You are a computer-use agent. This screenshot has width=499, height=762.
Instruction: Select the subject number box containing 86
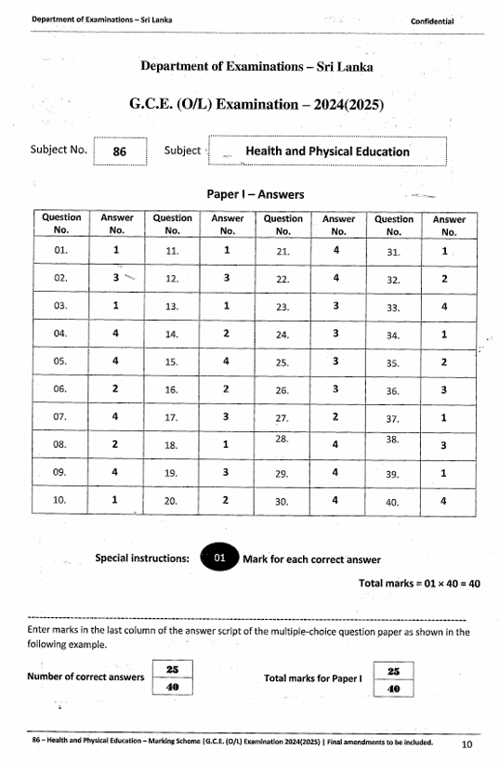pos(119,151)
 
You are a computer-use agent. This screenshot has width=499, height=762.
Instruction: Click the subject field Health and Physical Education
pos(327,151)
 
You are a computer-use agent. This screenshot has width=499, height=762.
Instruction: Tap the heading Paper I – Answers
pos(256,194)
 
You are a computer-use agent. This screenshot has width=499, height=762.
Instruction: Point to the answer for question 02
pos(116,278)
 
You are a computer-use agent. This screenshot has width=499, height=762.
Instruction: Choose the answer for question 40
pos(443,501)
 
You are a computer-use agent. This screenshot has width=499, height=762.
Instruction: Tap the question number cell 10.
pos(61,501)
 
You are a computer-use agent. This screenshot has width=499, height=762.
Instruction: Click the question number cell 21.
pos(283,250)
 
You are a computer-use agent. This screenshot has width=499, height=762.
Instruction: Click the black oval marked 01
pos(219,559)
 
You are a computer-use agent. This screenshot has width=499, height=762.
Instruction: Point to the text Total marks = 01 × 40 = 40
pos(419,584)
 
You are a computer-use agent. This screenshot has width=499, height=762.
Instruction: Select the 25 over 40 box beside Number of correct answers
pos(172,679)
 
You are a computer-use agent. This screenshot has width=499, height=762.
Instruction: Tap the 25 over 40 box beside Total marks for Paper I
pos(391,679)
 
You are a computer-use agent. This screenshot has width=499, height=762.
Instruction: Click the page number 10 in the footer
pos(466,744)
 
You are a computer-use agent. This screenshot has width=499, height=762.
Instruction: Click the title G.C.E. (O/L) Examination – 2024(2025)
pos(256,105)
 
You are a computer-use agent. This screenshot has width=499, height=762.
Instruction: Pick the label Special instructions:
pos(142,558)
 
